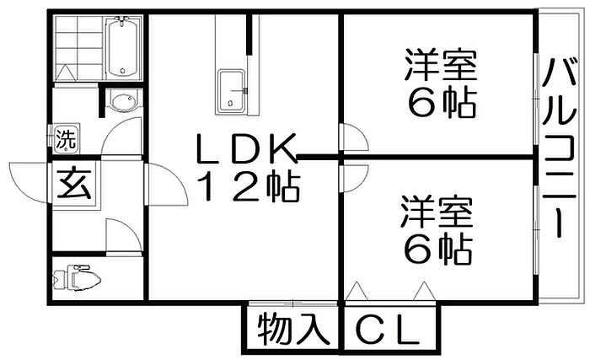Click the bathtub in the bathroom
[x=122, y=47]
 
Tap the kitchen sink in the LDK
[x=231, y=91]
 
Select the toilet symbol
[x=78, y=278]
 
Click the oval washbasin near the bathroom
[x=122, y=102]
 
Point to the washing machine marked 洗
[x=66, y=139]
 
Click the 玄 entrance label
[x=74, y=184]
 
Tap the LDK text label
[x=244, y=148]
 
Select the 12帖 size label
[x=249, y=187]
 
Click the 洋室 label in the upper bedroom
[x=441, y=64]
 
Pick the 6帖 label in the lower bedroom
[x=438, y=250]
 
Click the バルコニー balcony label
[x=560, y=148]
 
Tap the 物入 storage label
[x=293, y=329]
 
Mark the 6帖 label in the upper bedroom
[x=442, y=103]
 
